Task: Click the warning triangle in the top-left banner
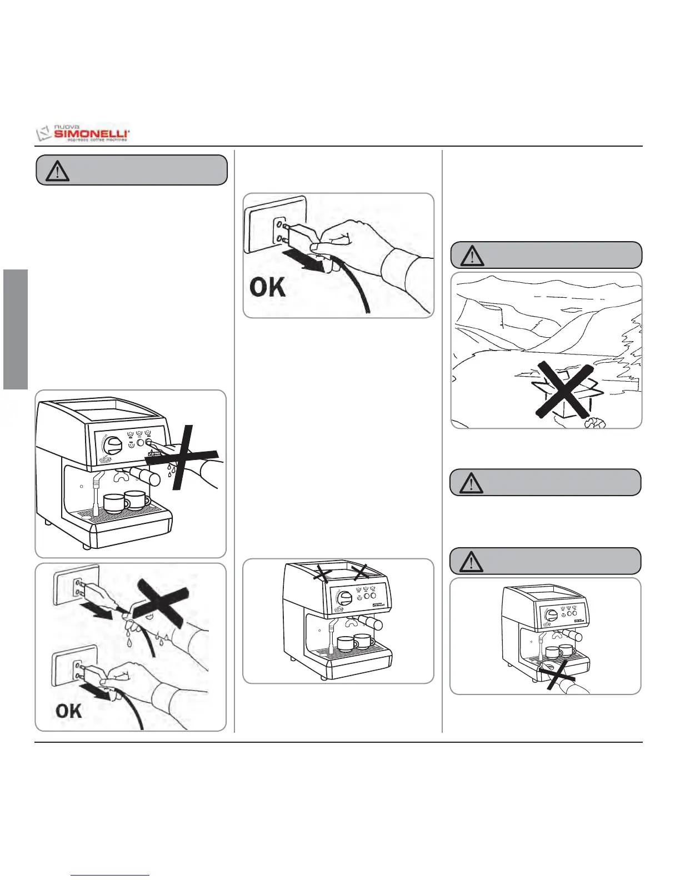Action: coord(57,171)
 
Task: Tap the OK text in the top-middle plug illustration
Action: coord(268,287)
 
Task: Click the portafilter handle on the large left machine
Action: coord(146,476)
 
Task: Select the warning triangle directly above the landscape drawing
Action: coord(472,256)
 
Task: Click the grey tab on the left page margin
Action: coord(16,329)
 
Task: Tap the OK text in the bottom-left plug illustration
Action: coord(69,711)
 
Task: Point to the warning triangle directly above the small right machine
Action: coord(472,562)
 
